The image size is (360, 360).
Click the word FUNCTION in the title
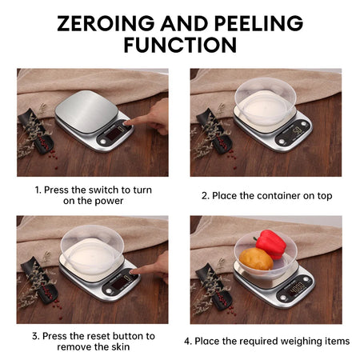(180, 46)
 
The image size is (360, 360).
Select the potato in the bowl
(256, 258)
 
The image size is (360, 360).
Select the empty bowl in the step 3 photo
(92, 250)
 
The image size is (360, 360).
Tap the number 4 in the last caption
(187, 342)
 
